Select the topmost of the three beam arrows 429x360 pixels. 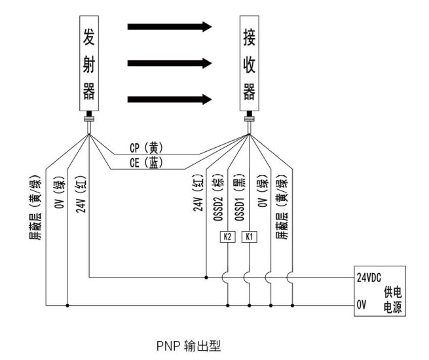tap(170, 27)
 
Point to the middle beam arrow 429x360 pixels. tap(170, 63)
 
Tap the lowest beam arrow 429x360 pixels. tap(170, 99)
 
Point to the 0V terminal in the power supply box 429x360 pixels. tap(362, 304)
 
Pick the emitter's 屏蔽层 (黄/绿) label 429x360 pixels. tap(38, 206)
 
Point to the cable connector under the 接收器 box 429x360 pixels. tap(249, 118)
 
